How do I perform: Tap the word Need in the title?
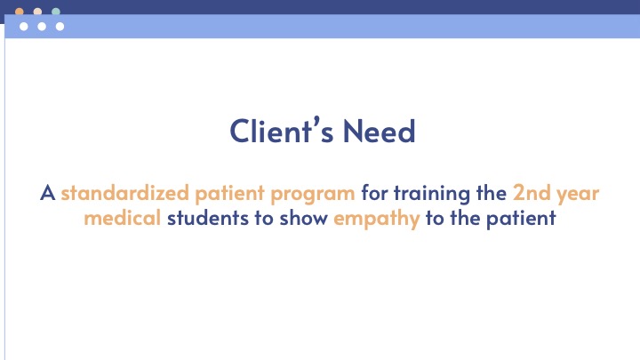pyautogui.click(x=380, y=131)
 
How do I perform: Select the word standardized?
pyautogui.click(x=125, y=193)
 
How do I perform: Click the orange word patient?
pyautogui.click(x=230, y=193)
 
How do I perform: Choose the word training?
pyautogui.click(x=432, y=194)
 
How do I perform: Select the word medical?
pyautogui.click(x=123, y=218)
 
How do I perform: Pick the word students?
pyautogui.click(x=208, y=218)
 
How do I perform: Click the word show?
pyautogui.click(x=304, y=218)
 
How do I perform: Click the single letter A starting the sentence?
pyautogui.click(x=48, y=193)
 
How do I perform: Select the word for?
pyautogui.click(x=374, y=193)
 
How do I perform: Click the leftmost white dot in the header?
pyautogui.click(x=24, y=27)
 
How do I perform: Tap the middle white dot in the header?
pyautogui.click(x=42, y=27)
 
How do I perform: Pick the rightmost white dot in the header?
pyautogui.click(x=60, y=27)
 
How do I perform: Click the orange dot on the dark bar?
pyautogui.click(x=20, y=12)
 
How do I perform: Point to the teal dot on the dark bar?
pyautogui.click(x=56, y=12)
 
